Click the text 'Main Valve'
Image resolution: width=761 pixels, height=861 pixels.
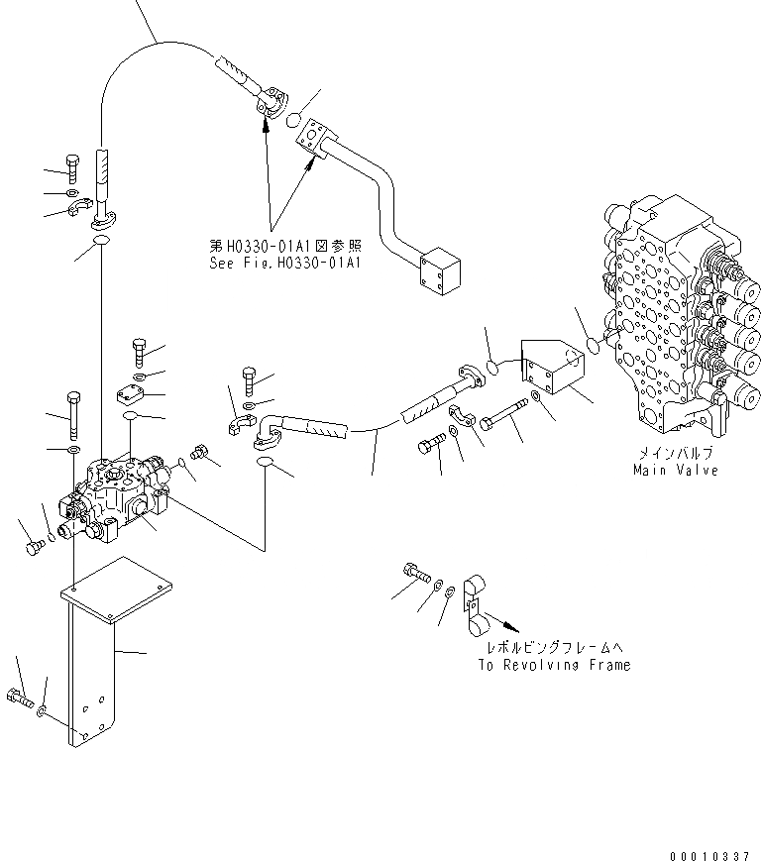coord(677,469)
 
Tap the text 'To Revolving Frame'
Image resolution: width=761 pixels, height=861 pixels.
coord(553,665)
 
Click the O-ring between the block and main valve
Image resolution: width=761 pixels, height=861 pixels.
coord(593,344)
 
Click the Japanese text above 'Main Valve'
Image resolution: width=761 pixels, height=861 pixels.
coord(677,452)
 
